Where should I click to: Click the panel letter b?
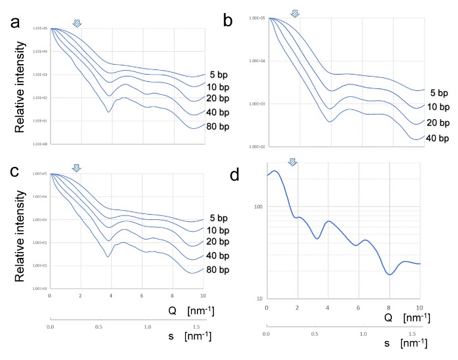pos(228,21)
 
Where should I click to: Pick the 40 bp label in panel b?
pos(436,137)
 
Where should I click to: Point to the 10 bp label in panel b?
pos(436,107)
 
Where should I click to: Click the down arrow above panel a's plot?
pos(77,24)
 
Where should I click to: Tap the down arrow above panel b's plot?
pos(294,13)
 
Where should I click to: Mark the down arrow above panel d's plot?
pos(292,162)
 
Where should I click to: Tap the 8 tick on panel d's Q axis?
pos(389,306)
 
